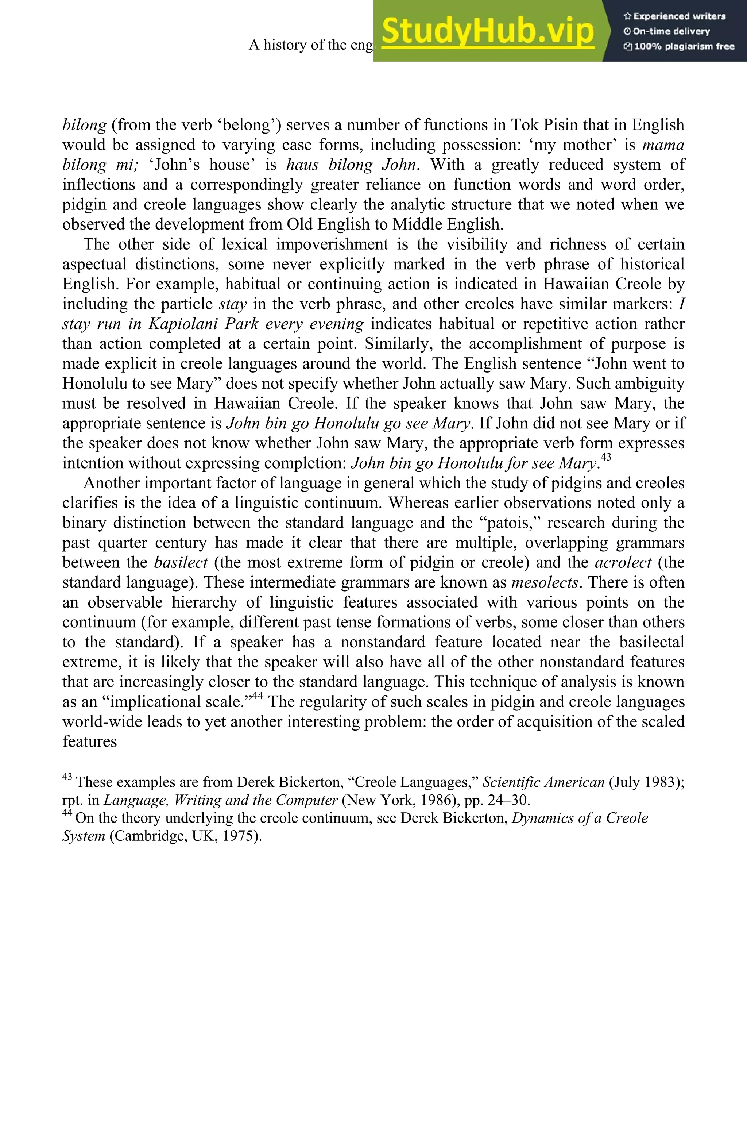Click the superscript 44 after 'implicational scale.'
click(x=257, y=696)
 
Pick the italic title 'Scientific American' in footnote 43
click(x=543, y=782)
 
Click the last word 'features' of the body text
click(x=90, y=741)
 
